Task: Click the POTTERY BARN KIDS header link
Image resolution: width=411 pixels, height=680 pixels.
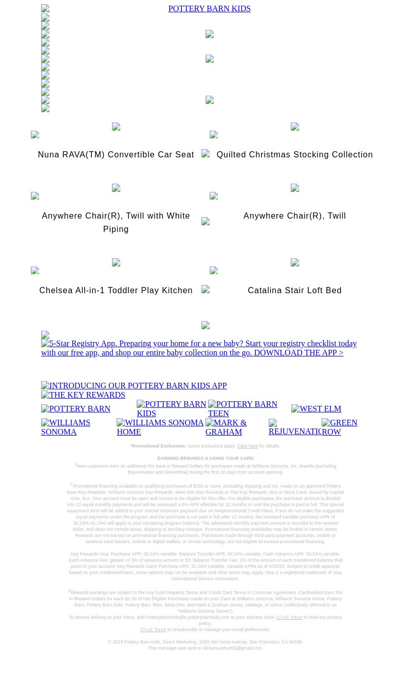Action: [x=209, y=9]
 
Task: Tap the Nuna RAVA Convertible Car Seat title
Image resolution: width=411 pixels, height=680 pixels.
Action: [x=116, y=155]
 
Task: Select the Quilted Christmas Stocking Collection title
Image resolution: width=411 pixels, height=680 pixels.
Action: [x=294, y=155]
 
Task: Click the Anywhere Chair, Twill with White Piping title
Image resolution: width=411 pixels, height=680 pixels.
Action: [x=116, y=222]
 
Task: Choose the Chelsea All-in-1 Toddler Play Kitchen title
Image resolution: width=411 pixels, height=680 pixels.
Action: [x=116, y=291]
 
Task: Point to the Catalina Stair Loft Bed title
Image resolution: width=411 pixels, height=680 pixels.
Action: [x=294, y=291]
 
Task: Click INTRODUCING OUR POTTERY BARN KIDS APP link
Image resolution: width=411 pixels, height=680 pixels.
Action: [x=134, y=386]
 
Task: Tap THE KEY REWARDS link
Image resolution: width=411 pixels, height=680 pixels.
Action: [x=83, y=395]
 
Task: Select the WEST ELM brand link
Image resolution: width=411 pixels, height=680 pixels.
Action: [x=316, y=409]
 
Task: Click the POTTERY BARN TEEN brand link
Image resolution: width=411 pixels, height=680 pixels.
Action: [x=242, y=409]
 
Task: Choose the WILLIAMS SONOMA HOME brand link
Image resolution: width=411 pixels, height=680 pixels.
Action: [x=160, y=427]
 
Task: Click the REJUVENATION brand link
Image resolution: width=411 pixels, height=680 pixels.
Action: [x=295, y=427]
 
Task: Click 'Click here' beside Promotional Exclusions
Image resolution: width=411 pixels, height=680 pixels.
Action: [x=247, y=446]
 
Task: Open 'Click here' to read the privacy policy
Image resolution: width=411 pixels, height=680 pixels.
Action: [x=289, y=617]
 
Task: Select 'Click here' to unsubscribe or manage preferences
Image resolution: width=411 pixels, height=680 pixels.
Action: [x=153, y=630]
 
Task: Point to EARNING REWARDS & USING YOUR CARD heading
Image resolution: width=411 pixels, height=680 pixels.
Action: [x=206, y=458]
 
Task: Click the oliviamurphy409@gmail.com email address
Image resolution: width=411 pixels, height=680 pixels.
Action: [x=232, y=648]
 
